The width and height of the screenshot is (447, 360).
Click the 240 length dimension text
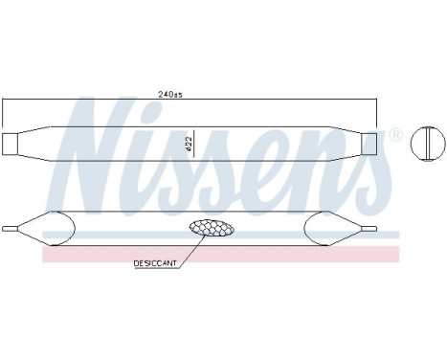point(170,95)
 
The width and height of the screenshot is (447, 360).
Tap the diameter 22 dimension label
point(189,144)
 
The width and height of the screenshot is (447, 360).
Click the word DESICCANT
point(155,263)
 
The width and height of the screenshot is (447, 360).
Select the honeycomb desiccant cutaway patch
point(212,228)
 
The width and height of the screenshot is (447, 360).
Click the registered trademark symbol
point(396,135)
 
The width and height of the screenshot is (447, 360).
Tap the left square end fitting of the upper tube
point(10,144)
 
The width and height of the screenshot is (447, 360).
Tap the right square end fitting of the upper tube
point(369,144)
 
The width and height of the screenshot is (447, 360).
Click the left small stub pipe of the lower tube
point(10,229)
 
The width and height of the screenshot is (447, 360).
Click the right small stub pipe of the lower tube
point(369,229)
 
